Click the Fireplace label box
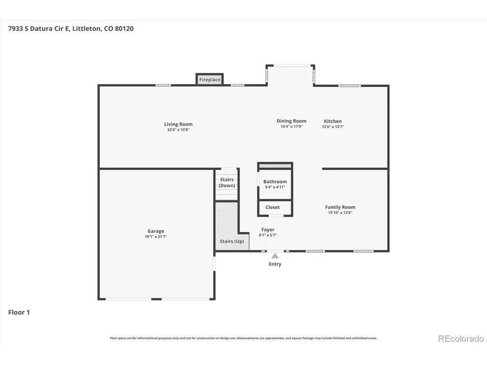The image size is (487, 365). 210,79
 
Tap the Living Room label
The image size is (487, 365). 178,124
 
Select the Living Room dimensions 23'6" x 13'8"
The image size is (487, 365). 178,130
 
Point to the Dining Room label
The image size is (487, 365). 292,121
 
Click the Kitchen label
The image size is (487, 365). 332,121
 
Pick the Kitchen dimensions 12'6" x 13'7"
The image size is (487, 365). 332,126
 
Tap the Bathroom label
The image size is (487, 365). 275,182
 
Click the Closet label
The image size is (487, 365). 273,207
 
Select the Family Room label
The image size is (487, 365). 340,207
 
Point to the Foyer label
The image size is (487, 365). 268,230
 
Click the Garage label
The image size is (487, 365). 156,231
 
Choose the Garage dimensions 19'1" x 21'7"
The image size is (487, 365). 156,237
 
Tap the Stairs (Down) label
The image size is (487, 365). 227,182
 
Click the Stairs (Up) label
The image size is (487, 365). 232,241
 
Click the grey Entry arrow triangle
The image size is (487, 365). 275,256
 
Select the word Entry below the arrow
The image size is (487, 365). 275,264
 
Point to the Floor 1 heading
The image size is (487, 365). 19,312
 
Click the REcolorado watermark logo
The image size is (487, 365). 461,338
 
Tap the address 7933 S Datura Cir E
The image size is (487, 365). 38,29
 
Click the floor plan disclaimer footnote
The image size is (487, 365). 243,338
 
